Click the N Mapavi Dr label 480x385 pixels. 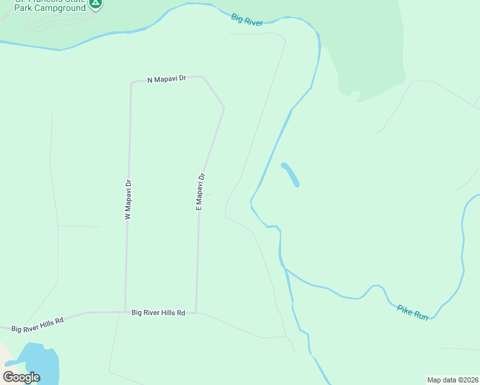click(x=166, y=78)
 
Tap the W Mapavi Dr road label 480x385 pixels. click(x=128, y=200)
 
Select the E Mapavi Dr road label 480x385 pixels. click(x=200, y=191)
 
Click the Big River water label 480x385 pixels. click(x=247, y=20)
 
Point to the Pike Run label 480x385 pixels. click(x=412, y=312)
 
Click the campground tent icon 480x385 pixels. click(x=96, y=3)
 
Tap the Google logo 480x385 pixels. click(x=21, y=377)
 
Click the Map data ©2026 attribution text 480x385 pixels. click(x=452, y=379)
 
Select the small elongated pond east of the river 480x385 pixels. click(x=290, y=175)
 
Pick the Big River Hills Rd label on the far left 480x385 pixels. click(x=38, y=325)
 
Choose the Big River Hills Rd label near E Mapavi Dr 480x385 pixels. click(x=158, y=312)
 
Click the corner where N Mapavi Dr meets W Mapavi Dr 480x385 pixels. click(x=131, y=82)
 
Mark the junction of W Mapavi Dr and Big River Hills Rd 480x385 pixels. click(x=126, y=312)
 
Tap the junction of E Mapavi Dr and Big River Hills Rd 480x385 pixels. click(x=196, y=313)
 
